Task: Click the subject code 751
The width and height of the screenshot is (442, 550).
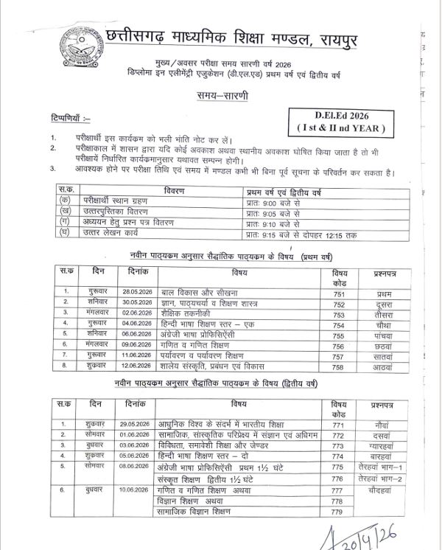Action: point(338,293)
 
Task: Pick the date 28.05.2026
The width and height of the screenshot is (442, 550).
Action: point(136,293)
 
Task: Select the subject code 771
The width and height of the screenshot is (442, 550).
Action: point(338,425)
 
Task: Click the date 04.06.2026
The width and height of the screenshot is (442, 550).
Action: point(136,323)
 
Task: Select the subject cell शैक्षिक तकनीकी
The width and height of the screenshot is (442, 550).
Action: point(187,313)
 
